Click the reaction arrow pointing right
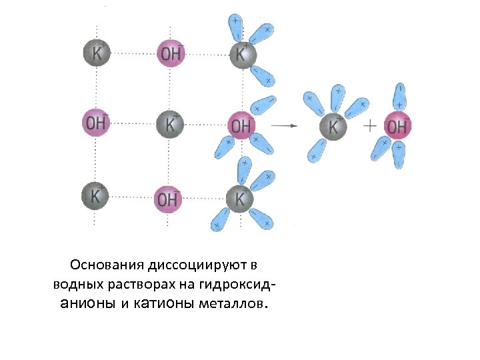pos(284,125)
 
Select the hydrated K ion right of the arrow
pos(333,125)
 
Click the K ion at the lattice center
pos(170,124)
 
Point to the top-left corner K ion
pos(97,53)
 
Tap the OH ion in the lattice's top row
pos(170,53)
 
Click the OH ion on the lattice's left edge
pos(96,122)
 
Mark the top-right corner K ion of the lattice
pos(241,53)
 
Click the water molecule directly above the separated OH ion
pos(400,96)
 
